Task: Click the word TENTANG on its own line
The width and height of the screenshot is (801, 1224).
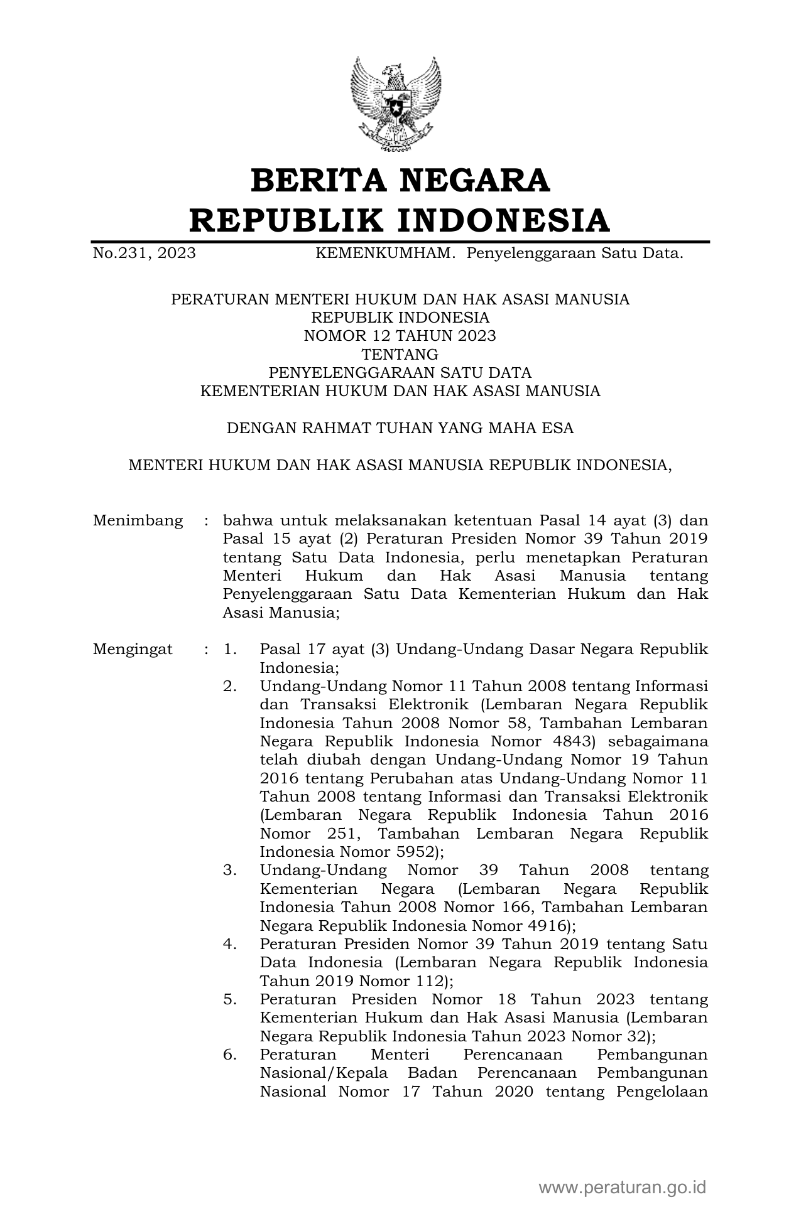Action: (x=400, y=355)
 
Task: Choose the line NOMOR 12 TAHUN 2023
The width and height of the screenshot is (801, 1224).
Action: (x=400, y=336)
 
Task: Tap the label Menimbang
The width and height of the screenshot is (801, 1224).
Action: (x=138, y=521)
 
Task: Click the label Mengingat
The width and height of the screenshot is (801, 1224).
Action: (x=133, y=650)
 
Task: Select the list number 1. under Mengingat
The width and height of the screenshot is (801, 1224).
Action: (x=230, y=650)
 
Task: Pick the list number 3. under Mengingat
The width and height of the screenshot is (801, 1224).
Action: (x=230, y=871)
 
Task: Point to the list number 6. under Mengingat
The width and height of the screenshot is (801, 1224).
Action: (x=230, y=1055)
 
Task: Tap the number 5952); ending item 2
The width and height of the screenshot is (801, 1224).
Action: (x=418, y=852)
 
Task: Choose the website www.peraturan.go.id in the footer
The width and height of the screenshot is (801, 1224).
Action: (x=623, y=1187)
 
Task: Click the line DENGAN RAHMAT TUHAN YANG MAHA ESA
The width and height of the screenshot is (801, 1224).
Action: (x=400, y=429)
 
